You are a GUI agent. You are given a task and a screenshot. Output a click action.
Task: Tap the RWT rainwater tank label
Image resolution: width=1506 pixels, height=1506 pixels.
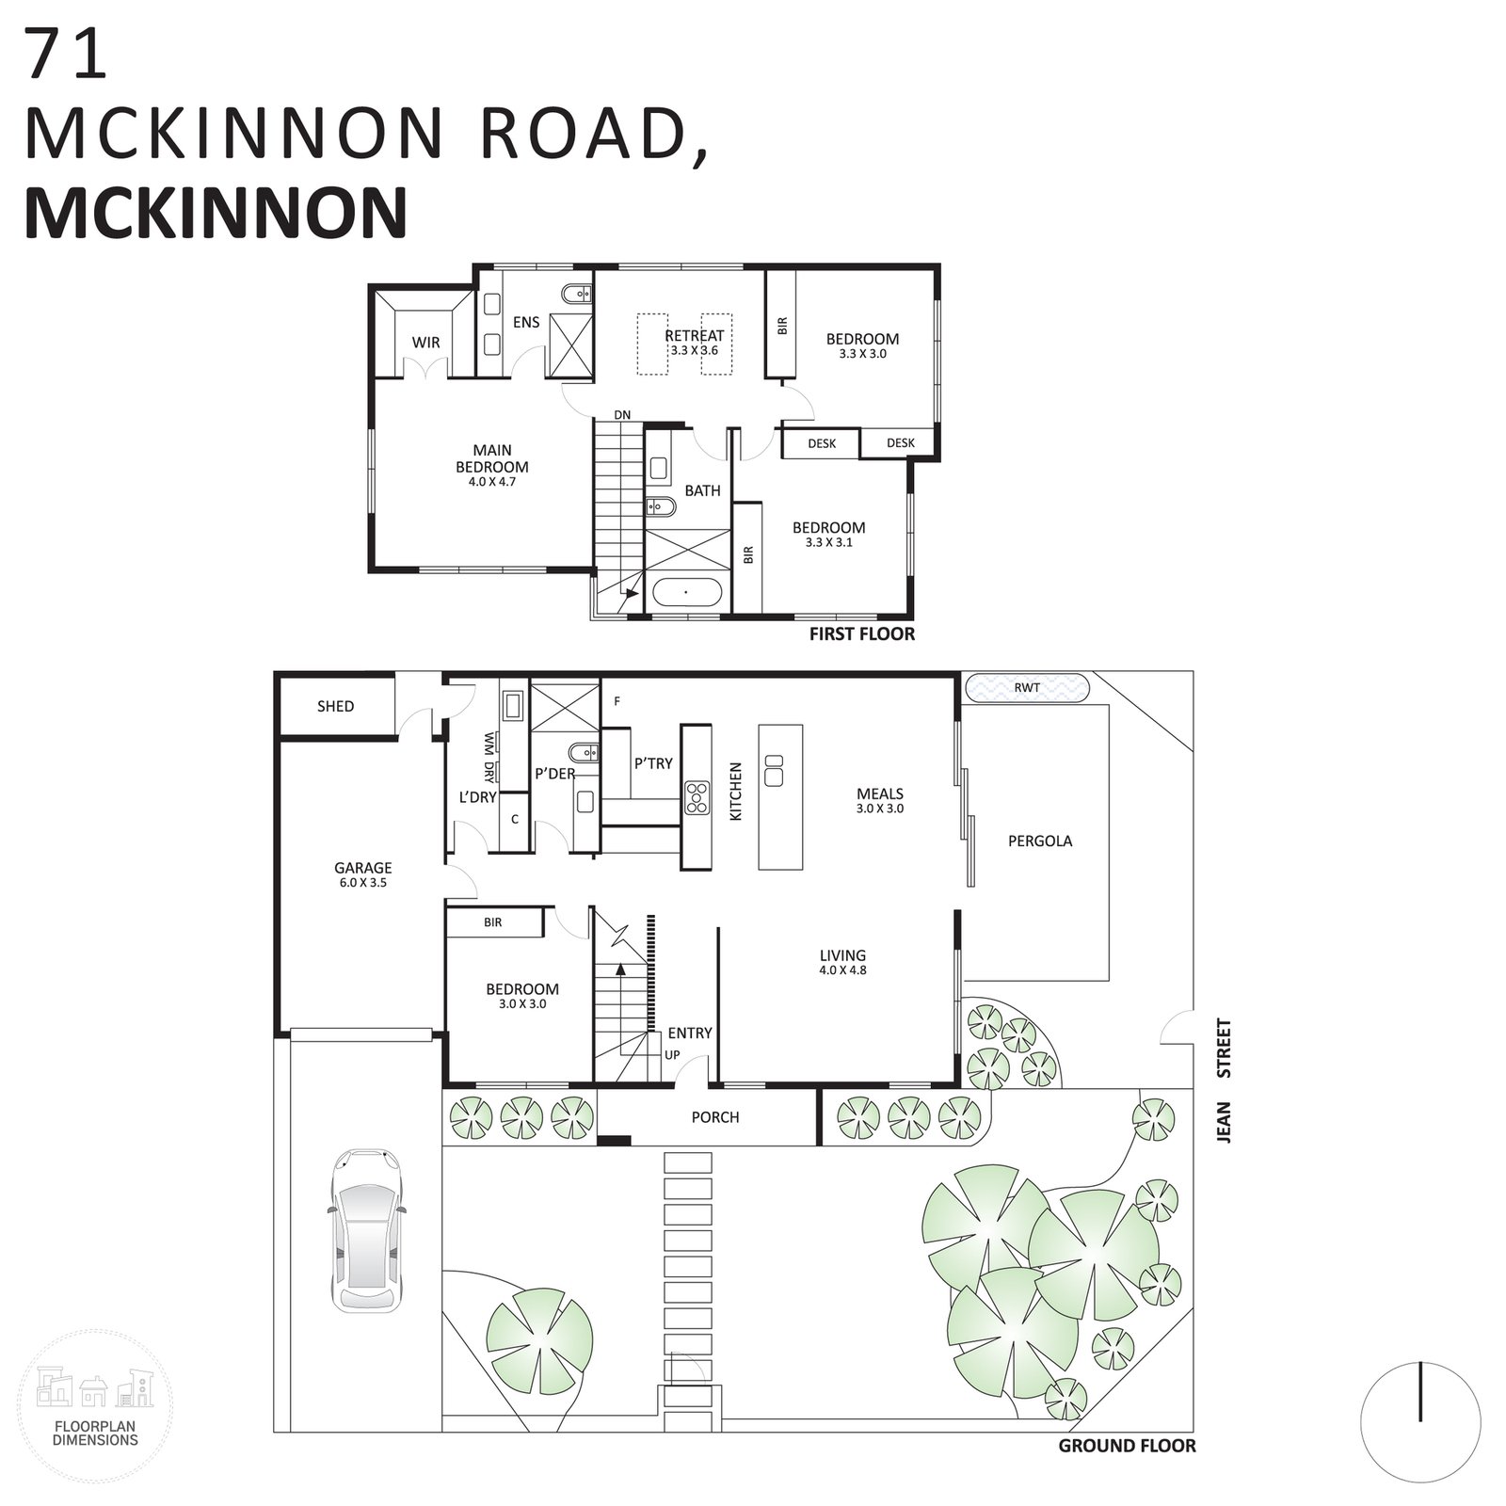[x=1027, y=687]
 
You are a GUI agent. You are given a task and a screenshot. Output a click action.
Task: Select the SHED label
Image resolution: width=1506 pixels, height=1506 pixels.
[x=335, y=706]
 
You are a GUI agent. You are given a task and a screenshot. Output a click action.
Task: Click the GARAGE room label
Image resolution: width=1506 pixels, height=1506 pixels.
[x=363, y=868]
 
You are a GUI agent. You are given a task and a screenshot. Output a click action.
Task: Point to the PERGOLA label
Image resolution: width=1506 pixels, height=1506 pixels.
[x=1040, y=841]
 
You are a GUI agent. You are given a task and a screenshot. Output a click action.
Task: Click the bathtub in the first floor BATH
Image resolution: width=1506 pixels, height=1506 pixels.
[x=686, y=593]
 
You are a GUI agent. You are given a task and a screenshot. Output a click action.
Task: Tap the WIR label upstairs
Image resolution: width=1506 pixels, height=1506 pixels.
[x=425, y=343]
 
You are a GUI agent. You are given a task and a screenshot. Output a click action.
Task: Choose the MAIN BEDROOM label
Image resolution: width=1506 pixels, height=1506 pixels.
[x=492, y=458]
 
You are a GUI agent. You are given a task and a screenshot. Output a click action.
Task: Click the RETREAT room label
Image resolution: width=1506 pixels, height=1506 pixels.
[x=695, y=335]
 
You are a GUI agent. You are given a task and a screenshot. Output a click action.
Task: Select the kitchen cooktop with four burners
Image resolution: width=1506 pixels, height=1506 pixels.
[x=697, y=797]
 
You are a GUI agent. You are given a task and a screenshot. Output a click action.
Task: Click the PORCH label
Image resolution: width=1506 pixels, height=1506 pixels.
[x=715, y=1117]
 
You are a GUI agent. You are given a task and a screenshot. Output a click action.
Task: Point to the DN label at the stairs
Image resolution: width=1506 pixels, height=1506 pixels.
[x=622, y=415]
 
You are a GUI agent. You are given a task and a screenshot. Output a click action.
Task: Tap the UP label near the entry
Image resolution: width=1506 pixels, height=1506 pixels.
[x=672, y=1055]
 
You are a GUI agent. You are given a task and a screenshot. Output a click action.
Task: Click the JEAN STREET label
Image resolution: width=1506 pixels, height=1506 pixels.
[x=1224, y=1081]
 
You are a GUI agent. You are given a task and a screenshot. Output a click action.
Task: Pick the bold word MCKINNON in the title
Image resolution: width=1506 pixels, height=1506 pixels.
[x=216, y=213]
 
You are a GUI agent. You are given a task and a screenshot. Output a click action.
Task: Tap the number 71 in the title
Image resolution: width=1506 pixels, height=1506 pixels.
[x=67, y=55]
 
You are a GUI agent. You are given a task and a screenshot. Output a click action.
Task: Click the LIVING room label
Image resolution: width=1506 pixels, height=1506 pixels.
[x=842, y=955]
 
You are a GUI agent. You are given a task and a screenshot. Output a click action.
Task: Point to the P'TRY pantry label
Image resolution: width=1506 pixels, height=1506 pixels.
[x=653, y=763]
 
